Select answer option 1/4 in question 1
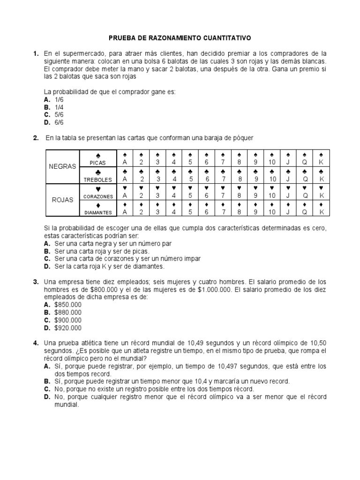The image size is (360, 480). tap(59, 107)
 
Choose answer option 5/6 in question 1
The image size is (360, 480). tap(59, 114)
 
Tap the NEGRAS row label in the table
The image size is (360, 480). tap(62, 166)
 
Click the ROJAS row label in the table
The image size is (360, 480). tap(62, 200)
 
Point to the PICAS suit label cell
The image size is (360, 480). tap(98, 158)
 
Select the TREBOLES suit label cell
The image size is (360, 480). tap(98, 175)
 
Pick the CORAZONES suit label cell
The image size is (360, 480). tap(98, 192)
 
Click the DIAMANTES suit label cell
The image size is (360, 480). tap(98, 208)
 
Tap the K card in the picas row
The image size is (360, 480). tap(322, 158)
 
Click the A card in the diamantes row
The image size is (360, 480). tap(125, 208)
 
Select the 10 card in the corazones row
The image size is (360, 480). tap(272, 192)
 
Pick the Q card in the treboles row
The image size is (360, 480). tap(305, 175)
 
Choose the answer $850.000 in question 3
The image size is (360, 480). tap(67, 305)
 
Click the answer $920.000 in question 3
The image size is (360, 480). tap(67, 328)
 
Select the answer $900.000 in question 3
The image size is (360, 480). tap(67, 320)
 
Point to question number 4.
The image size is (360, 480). tap(36, 343)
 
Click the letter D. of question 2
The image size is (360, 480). tap(47, 266)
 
